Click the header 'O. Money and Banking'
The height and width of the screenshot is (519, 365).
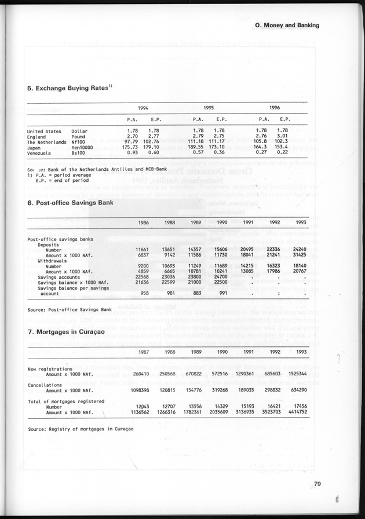pos(287,25)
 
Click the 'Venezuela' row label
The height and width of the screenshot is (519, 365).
pos(41,152)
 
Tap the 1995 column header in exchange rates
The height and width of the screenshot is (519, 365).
pos(209,108)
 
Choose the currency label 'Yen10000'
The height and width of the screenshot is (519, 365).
pos(82,147)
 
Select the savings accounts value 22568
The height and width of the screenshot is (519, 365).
pos(142,276)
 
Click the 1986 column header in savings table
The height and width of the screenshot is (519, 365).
pos(145,222)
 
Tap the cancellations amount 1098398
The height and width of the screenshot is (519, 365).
pos(139,390)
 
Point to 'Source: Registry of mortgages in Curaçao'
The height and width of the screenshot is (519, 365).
pos(80,429)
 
